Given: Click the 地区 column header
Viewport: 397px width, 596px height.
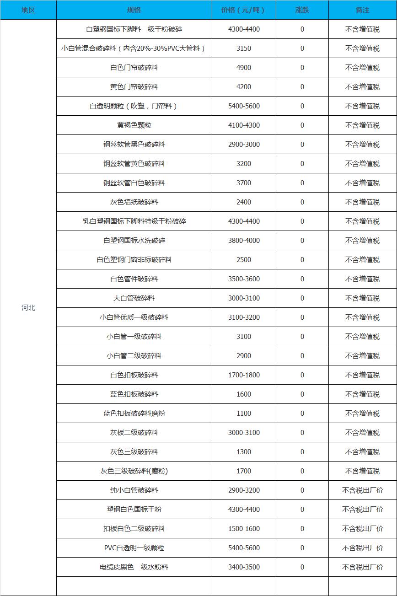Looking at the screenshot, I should [28, 10].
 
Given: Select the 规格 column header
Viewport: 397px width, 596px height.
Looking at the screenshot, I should [134, 10].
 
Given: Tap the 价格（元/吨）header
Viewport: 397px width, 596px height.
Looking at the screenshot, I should [243, 10].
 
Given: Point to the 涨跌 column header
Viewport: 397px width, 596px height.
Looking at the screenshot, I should [302, 10].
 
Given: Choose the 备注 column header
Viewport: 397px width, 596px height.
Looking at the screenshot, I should [362, 10].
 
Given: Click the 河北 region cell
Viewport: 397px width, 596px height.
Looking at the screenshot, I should [28, 307].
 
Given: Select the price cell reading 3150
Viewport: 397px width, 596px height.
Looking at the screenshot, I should [243, 48].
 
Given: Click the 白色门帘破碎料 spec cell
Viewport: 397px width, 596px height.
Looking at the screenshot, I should [134, 68].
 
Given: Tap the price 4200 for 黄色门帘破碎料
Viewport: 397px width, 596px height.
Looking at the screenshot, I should [243, 87].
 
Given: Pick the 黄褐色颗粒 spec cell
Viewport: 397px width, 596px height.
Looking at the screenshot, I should [134, 125].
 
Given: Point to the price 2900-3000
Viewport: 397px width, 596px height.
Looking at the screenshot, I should [243, 145].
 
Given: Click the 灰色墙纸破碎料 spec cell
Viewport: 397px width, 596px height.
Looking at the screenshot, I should [134, 202].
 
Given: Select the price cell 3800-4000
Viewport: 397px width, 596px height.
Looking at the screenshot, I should [243, 241].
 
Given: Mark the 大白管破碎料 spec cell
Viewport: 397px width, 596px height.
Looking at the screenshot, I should [134, 298].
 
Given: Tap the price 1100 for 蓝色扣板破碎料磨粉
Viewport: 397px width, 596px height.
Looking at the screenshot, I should [243, 413].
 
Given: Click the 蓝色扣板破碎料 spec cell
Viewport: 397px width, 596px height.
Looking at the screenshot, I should [134, 394].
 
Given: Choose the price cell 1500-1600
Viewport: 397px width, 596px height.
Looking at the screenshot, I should [243, 529].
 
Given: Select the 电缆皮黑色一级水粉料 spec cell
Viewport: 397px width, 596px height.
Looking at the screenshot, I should [134, 567].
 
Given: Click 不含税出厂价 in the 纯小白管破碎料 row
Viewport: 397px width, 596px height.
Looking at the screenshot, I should [362, 490].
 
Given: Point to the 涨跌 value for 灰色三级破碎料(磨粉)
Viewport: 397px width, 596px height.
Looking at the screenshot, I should [302, 471].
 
